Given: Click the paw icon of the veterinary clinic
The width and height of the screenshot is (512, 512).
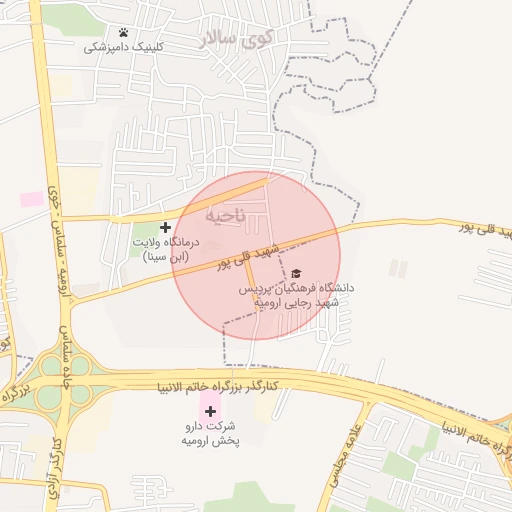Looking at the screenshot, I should (123, 33).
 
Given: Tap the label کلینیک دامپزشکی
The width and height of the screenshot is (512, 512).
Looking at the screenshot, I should (123, 47).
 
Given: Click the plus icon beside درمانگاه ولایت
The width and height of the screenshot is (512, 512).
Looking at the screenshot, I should (166, 228).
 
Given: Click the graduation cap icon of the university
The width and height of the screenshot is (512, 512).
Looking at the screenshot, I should (295, 273).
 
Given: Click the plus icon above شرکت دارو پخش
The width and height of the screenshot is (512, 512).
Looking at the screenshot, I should (210, 411).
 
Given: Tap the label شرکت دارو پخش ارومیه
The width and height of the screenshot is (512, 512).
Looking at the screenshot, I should (209, 433).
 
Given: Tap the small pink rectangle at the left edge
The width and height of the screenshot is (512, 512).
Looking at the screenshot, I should (33, 199).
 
